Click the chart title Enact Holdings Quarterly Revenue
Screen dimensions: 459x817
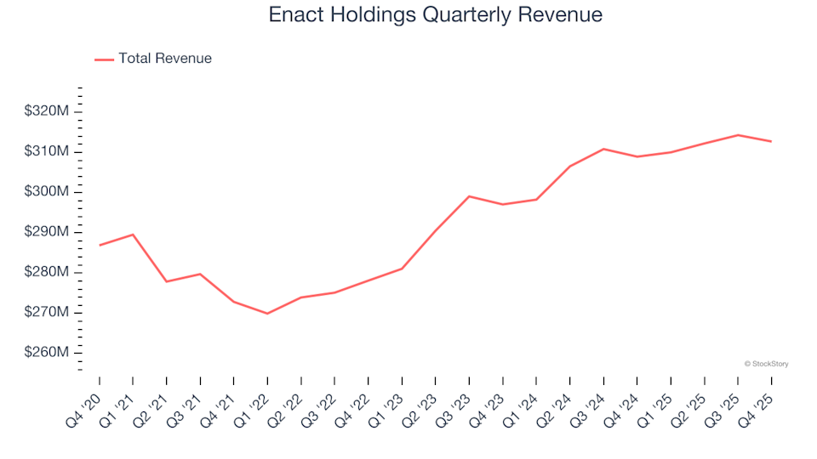[435, 15]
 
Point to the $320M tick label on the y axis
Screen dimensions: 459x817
[47, 111]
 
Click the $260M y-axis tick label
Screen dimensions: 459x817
[47, 353]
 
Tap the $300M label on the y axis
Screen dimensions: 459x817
[47, 192]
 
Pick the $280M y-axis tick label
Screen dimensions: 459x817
[47, 272]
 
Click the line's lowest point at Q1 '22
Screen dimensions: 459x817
[267, 314]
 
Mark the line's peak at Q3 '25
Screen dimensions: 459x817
[738, 135]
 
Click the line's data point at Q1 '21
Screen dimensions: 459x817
[133, 235]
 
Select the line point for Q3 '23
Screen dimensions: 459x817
[469, 196]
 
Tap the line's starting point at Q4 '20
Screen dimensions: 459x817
[100, 245]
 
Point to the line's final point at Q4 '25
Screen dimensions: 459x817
[771, 141]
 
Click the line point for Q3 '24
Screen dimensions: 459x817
[603, 149]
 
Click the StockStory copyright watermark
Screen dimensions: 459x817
[766, 364]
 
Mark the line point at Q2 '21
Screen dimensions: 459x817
[167, 281]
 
